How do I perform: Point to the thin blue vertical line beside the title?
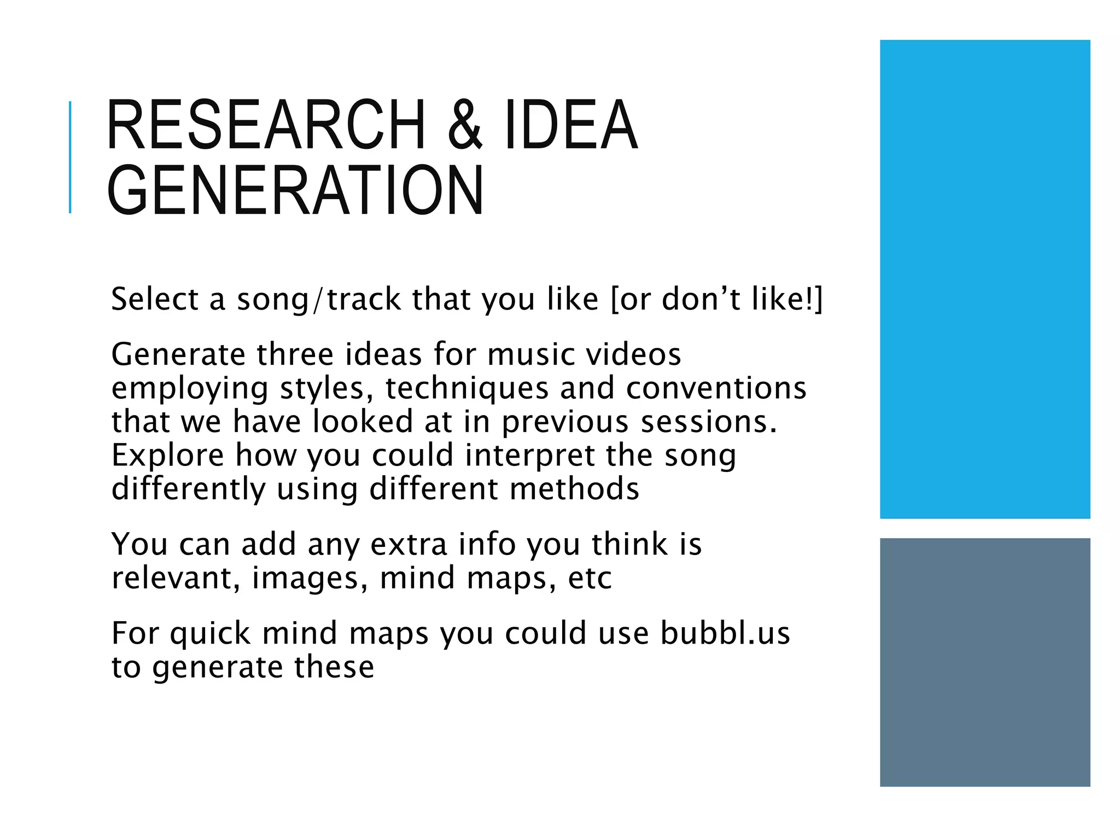[x=70, y=157]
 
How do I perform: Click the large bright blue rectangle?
[x=984, y=279]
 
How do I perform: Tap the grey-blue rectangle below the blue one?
[x=984, y=662]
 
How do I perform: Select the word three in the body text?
[x=295, y=354]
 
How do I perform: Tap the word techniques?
[x=466, y=389]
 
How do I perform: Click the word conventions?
[x=716, y=388]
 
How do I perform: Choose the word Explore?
[x=167, y=456]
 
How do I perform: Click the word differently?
[x=188, y=489]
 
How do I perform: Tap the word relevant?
[x=176, y=578]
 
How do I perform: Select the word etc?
[x=590, y=579]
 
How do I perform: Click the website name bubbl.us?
[x=725, y=633]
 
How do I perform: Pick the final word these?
[x=334, y=667]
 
